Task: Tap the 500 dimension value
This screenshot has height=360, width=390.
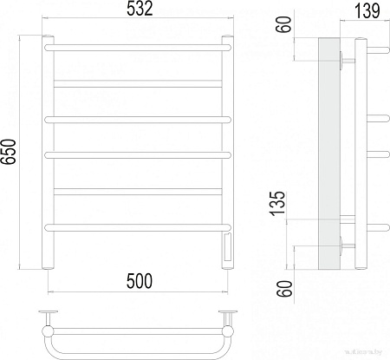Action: pos(139,280)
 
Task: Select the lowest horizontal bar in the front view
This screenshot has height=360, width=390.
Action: pos(139,227)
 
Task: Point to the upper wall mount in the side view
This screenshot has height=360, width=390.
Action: pos(348,62)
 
